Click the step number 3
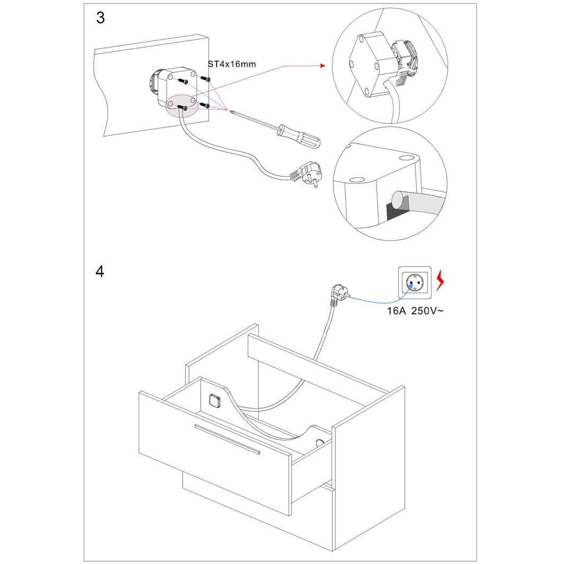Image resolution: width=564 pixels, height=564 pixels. (100, 18)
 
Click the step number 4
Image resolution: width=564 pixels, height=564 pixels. (100, 272)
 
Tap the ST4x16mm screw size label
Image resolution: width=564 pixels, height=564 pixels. (231, 65)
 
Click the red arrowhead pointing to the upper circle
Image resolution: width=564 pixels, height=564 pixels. (321, 66)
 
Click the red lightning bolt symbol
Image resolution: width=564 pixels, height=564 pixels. (440, 281)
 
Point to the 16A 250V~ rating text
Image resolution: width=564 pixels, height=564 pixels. (415, 311)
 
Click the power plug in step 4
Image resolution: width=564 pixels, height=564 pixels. (337, 294)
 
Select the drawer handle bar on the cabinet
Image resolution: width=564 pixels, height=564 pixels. (227, 440)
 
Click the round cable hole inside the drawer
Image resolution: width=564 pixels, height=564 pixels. (319, 443)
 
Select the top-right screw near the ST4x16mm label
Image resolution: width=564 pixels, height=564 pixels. (207, 79)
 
